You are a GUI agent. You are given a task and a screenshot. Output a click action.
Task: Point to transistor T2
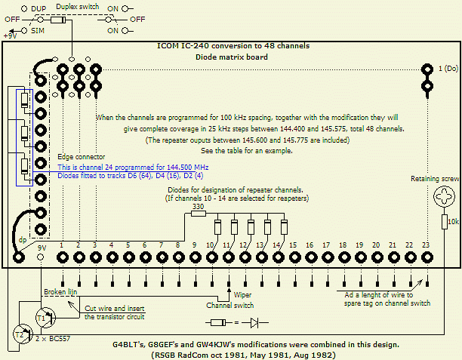19,334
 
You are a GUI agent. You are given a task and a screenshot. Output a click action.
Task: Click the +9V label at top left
11,35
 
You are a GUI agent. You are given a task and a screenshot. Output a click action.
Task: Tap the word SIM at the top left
38,31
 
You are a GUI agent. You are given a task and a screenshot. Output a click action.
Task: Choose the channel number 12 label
245,246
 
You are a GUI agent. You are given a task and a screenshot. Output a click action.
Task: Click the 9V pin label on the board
42,246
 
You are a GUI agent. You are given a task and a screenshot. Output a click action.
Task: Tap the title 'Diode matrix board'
231,56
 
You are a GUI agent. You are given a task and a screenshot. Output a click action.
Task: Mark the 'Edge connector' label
82,156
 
